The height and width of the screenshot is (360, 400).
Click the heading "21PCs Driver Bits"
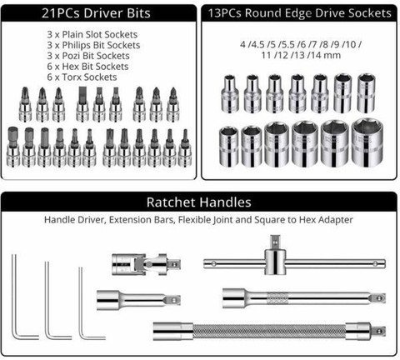point(96,13)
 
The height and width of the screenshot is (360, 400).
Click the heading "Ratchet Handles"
point(199,202)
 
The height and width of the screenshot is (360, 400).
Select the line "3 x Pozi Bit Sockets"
point(88,56)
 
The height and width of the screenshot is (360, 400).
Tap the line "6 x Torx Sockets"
point(82,77)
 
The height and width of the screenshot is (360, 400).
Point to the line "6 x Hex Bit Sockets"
point(87,67)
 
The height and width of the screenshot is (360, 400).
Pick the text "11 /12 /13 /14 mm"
point(301,55)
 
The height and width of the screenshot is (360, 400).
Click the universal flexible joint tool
point(146,264)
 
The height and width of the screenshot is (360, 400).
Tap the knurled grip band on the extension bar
point(277,298)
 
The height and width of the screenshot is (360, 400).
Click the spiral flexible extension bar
point(269,331)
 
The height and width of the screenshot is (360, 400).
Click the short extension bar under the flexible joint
point(138,300)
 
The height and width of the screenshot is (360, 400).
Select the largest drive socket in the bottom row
point(367,142)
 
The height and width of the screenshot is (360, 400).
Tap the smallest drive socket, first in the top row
point(230,94)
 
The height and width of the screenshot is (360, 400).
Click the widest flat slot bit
point(82,104)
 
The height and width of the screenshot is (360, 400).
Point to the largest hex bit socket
point(12,147)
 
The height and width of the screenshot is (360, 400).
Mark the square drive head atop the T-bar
point(275,242)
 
